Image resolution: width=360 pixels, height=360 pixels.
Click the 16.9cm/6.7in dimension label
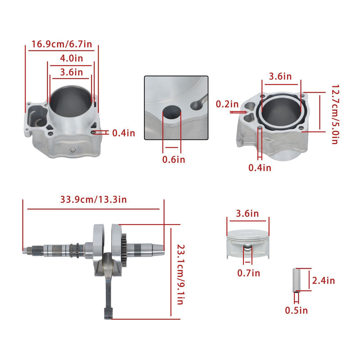[62, 44]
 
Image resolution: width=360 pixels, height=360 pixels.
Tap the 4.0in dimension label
[72, 58]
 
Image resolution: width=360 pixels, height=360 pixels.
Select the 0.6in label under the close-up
[174, 160]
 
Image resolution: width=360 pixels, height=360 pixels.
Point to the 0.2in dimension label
[227, 104]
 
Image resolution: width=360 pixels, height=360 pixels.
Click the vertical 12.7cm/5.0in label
[335, 114]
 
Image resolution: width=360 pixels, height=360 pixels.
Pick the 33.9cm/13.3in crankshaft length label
[94, 199]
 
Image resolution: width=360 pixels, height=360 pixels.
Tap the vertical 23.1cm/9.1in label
[181, 274]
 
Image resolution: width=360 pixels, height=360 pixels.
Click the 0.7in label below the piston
[249, 273]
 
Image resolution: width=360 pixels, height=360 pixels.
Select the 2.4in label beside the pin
[324, 280]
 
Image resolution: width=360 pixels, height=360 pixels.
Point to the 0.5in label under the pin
[297, 310]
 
